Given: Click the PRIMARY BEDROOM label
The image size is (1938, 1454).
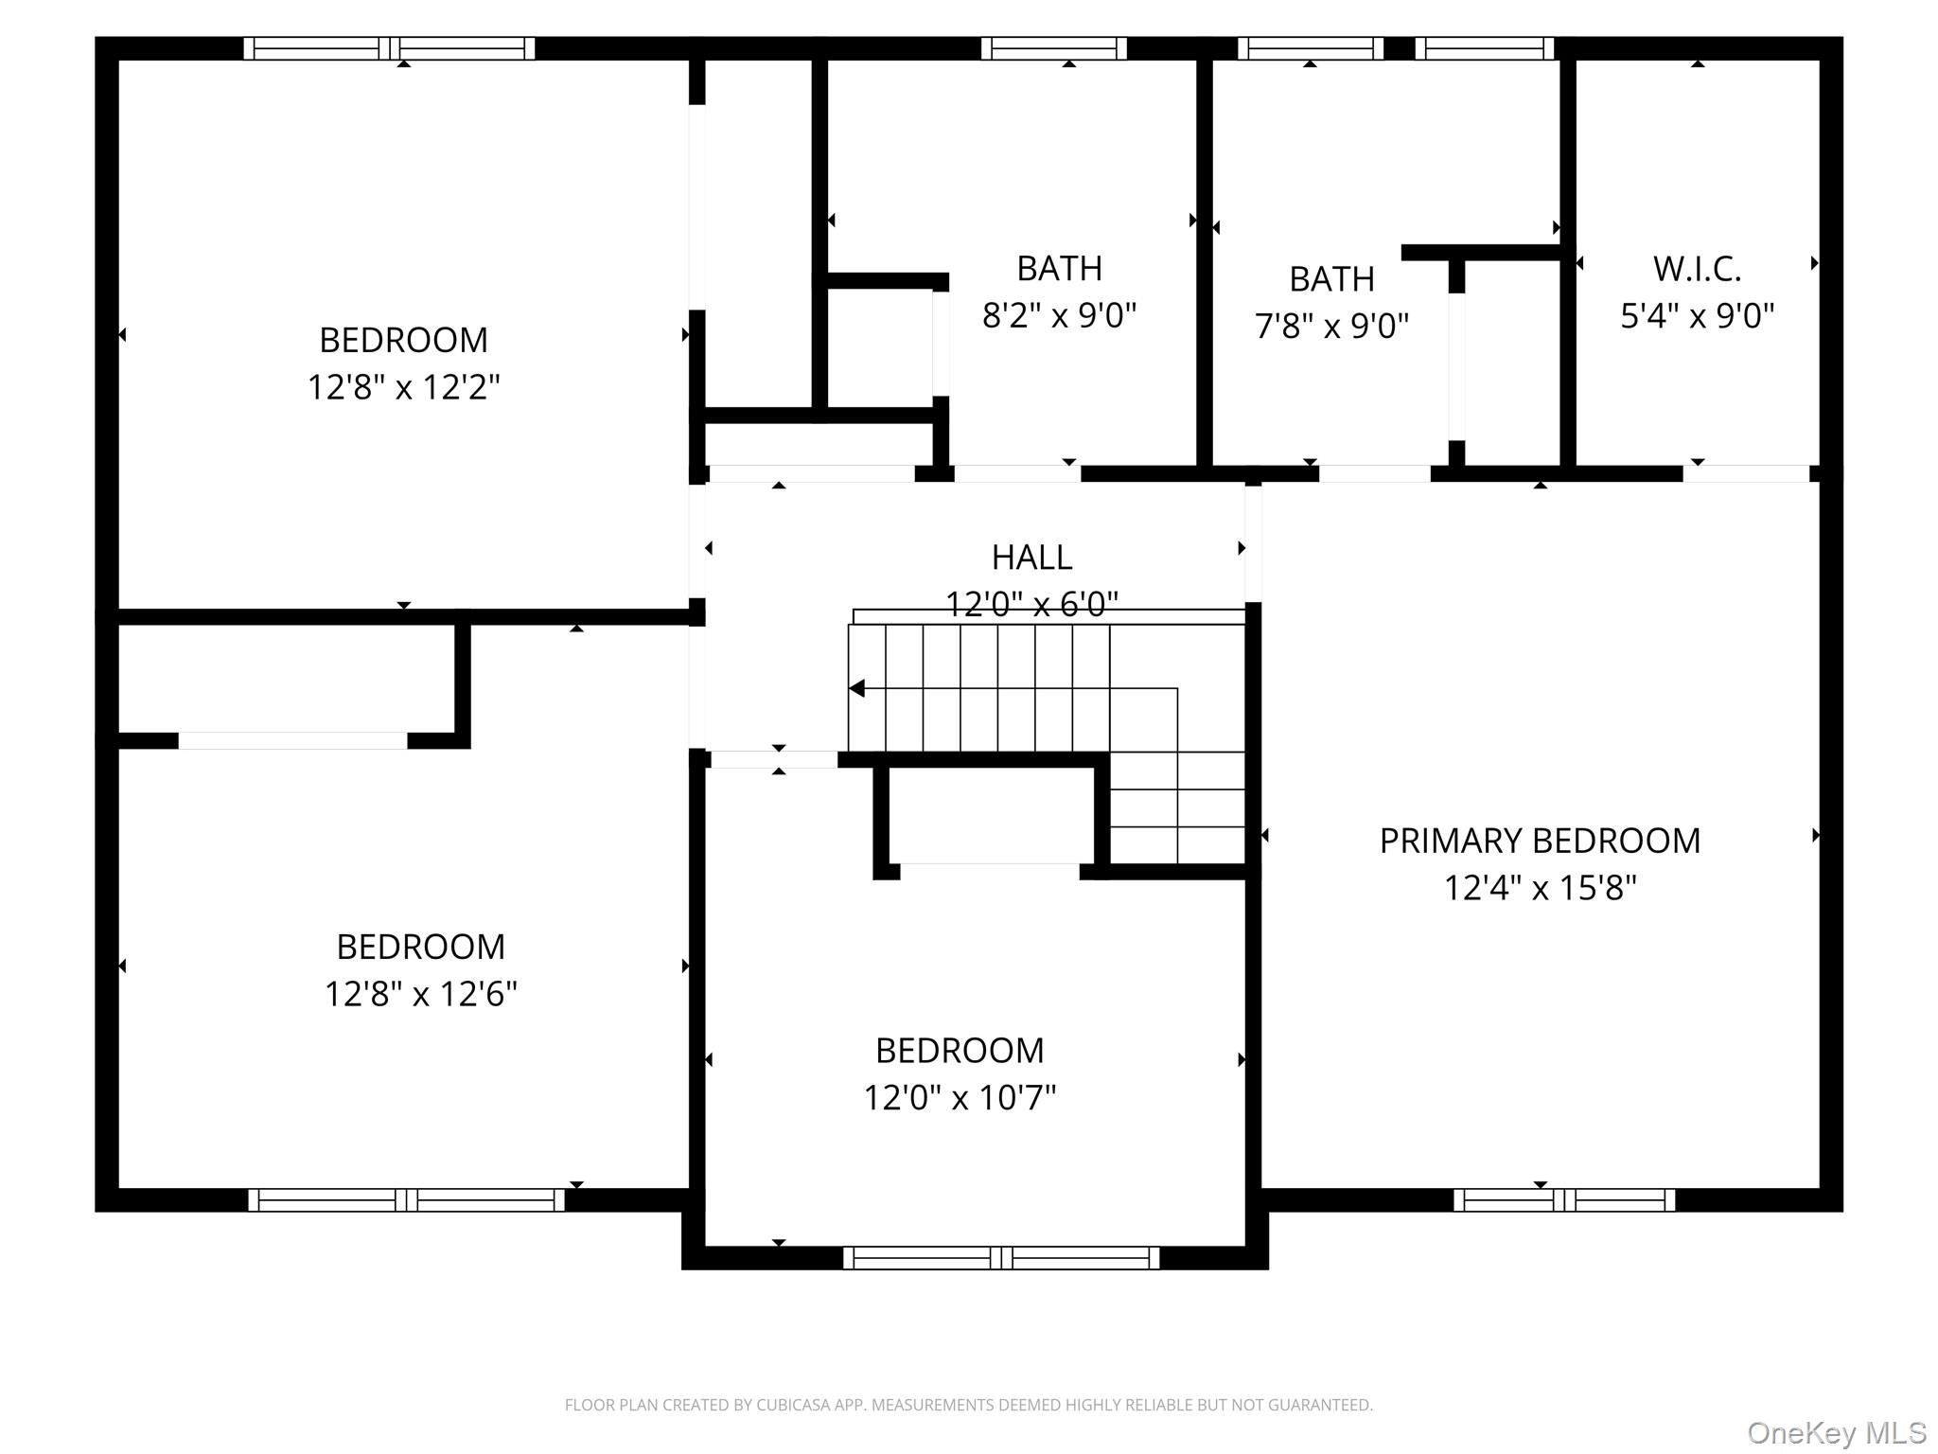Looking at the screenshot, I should pyautogui.click(x=1539, y=841).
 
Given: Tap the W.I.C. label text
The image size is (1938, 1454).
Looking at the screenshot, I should pyautogui.click(x=1697, y=269).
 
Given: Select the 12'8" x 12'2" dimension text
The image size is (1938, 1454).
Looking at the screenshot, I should pyautogui.click(x=403, y=387).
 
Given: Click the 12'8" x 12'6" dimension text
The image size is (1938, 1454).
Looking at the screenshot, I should pyautogui.click(x=420, y=994).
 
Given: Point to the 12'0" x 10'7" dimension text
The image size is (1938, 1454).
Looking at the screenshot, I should pyautogui.click(x=960, y=1098).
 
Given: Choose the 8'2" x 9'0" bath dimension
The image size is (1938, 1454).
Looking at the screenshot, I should pyautogui.click(x=1059, y=315).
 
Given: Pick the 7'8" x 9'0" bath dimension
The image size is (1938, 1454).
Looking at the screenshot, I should pyautogui.click(x=1331, y=327).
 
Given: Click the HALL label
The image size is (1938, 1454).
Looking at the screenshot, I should pyautogui.click(x=1031, y=558).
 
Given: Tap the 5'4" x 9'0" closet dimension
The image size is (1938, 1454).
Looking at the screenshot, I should pyautogui.click(x=1697, y=316).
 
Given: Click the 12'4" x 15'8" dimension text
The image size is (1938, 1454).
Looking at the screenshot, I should pyautogui.click(x=1539, y=888).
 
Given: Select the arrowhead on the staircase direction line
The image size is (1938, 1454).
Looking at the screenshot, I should pyautogui.click(x=857, y=688).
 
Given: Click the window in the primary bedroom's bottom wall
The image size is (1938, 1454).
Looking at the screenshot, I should pyautogui.click(x=1563, y=1200).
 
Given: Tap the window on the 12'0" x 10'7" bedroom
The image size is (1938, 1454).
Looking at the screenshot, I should pyautogui.click(x=1001, y=1258).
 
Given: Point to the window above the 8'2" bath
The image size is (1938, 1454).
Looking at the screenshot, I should pyautogui.click(x=1053, y=48).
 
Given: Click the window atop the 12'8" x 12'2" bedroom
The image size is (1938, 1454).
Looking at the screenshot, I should pyautogui.click(x=389, y=48).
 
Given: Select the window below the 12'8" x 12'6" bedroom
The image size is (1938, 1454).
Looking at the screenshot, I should pyautogui.click(x=406, y=1200).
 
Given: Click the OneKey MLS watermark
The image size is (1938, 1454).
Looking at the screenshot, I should pyautogui.click(x=1836, y=1432).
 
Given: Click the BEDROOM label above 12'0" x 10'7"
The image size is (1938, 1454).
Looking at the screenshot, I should pyautogui.click(x=960, y=1051).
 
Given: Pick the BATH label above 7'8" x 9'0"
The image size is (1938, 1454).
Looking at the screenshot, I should pyautogui.click(x=1331, y=279).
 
